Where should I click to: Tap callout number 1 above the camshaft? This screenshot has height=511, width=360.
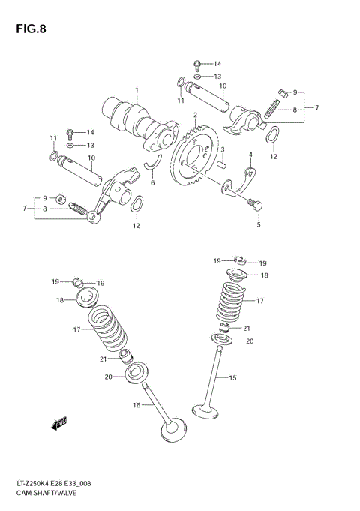point(137,91)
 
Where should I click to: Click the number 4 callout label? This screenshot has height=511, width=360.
point(251,155)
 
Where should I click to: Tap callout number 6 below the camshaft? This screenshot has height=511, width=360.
point(152,182)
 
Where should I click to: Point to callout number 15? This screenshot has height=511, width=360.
point(232,378)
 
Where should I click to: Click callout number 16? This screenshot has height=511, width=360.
point(136,405)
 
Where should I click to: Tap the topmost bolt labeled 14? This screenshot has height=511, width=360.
point(197,64)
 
